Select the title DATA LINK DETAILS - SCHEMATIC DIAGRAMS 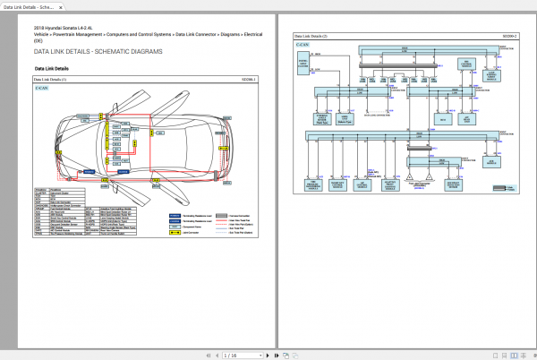coord(98,53)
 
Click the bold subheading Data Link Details coord(51,69)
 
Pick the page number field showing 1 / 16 coord(231,356)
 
